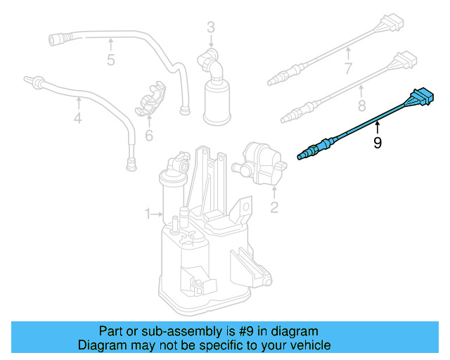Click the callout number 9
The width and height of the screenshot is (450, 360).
point(378,143)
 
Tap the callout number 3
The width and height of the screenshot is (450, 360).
point(210,28)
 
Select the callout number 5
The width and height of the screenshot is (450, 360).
point(110,60)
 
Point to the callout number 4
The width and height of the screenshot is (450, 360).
point(77,119)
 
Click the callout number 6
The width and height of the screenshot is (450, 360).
point(149,134)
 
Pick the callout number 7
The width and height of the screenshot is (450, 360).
point(347,69)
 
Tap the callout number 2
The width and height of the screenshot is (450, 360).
point(274,207)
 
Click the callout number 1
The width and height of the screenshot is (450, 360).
point(148,213)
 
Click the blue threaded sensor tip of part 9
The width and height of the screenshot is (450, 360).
point(307,153)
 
